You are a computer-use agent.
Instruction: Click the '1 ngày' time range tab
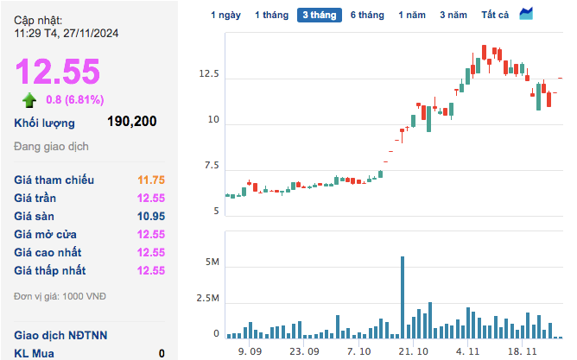pyautogui.click(x=225, y=15)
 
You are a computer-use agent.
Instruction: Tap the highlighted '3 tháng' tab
pyautogui.click(x=319, y=15)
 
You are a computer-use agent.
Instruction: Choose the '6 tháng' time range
pyautogui.click(x=367, y=15)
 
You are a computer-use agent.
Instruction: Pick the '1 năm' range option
pyautogui.click(x=412, y=15)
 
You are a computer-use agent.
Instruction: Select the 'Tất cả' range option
pyautogui.click(x=496, y=15)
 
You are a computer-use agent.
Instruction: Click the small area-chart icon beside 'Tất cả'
pyautogui.click(x=526, y=14)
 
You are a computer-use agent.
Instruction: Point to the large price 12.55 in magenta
pyautogui.click(x=57, y=72)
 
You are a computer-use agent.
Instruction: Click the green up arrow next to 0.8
pyautogui.click(x=29, y=98)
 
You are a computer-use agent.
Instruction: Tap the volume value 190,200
pyautogui.click(x=131, y=122)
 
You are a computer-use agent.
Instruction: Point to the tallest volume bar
pyautogui.click(x=403, y=297)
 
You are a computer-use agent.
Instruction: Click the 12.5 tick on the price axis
pyautogui.click(x=209, y=75)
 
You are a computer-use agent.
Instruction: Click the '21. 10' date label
pyautogui.click(x=413, y=351)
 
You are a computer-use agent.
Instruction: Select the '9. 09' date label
pyautogui.click(x=250, y=351)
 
